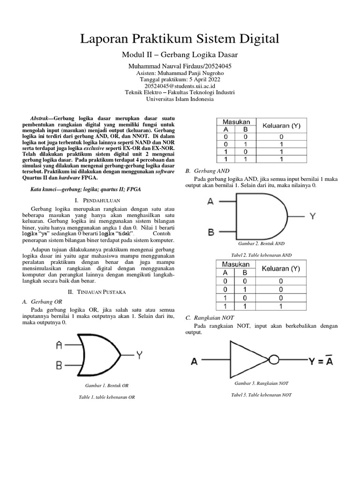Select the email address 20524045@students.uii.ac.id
pos(180,86)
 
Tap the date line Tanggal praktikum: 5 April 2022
pos(180,80)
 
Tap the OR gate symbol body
pos(99,355)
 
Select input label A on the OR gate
pos(60,345)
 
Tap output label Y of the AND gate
pos(313,216)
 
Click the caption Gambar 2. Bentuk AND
pos(261,244)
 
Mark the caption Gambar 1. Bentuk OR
pos(107,386)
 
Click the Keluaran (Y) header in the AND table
pos(281,269)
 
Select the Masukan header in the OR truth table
pos(236,122)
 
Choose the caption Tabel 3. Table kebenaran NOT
pos(261,395)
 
